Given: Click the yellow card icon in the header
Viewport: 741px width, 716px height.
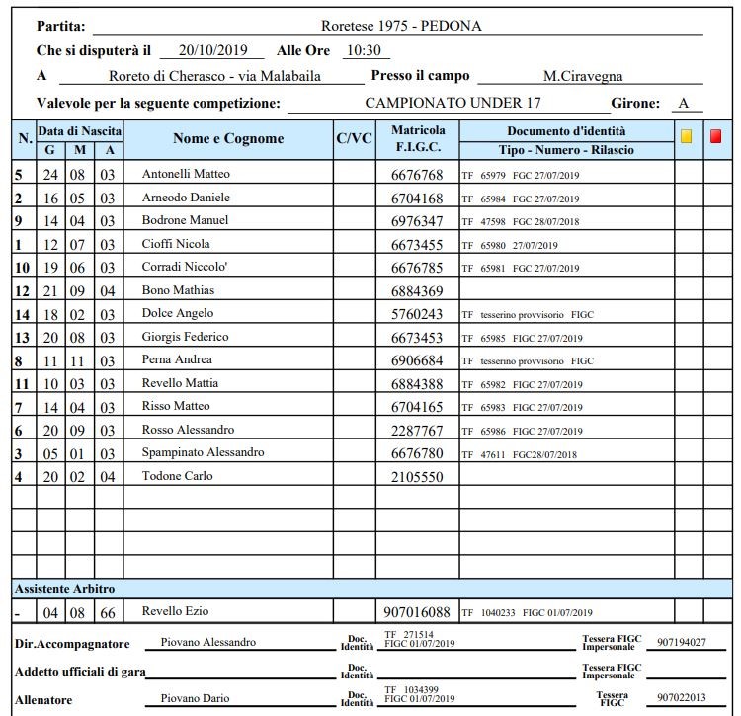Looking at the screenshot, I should [x=686, y=137].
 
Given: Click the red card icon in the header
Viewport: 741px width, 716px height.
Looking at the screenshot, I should [x=715, y=137].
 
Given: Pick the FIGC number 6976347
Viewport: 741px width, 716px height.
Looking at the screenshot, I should [x=417, y=221].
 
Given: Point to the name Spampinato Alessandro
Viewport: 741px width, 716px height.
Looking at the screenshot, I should [x=204, y=452].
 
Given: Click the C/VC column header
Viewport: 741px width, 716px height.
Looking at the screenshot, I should [x=355, y=139].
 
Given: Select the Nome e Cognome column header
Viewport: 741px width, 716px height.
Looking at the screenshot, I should [x=227, y=139].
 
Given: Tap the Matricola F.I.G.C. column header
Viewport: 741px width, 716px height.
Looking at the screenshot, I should [x=418, y=138].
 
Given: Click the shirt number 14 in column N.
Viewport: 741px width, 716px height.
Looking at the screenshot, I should [x=22, y=314].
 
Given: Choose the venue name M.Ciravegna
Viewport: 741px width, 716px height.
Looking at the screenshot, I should [x=583, y=76].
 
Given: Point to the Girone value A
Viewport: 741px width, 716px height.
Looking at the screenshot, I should [x=684, y=103].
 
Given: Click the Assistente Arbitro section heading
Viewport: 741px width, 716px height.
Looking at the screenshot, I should [x=65, y=588].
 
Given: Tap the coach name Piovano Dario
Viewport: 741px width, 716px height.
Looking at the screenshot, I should [x=194, y=699].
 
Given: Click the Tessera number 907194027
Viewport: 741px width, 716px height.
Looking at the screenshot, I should [x=683, y=643].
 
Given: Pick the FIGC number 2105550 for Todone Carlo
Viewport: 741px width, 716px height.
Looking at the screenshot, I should [x=417, y=477].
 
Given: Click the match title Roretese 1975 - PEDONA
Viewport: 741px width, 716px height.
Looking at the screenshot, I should [x=401, y=26].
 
